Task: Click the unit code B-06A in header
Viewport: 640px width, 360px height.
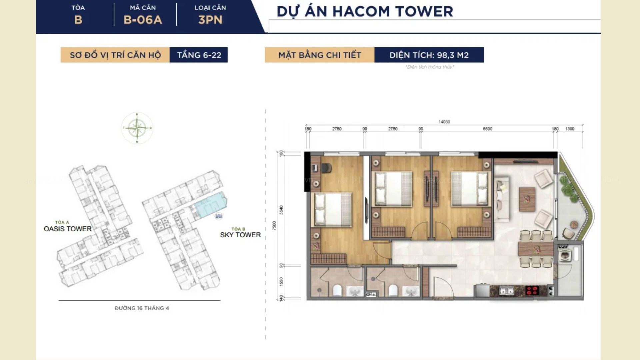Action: [x=143, y=20]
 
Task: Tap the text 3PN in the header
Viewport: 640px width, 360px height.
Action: [x=210, y=20]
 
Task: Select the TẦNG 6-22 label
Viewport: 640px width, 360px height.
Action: [x=199, y=55]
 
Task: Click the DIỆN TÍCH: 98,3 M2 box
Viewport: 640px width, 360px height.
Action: [x=429, y=55]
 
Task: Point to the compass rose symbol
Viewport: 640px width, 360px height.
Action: [x=137, y=128]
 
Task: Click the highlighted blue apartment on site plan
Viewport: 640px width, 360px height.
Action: [x=210, y=205]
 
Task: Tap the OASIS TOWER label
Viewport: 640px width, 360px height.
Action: [x=68, y=229]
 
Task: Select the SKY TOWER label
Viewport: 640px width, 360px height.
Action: [x=240, y=235]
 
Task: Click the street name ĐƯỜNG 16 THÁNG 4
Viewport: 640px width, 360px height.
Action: [x=142, y=308]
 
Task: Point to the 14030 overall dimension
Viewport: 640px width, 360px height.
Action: [x=444, y=122]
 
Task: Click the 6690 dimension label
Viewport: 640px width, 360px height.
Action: [x=487, y=129]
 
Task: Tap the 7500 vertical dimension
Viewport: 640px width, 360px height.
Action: [x=274, y=226]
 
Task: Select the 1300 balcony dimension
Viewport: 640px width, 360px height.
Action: [x=570, y=129]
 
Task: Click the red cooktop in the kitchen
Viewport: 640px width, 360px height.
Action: [x=532, y=291]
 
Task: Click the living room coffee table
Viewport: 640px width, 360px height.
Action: [x=527, y=199]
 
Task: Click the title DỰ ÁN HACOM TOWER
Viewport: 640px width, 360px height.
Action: [x=365, y=12]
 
